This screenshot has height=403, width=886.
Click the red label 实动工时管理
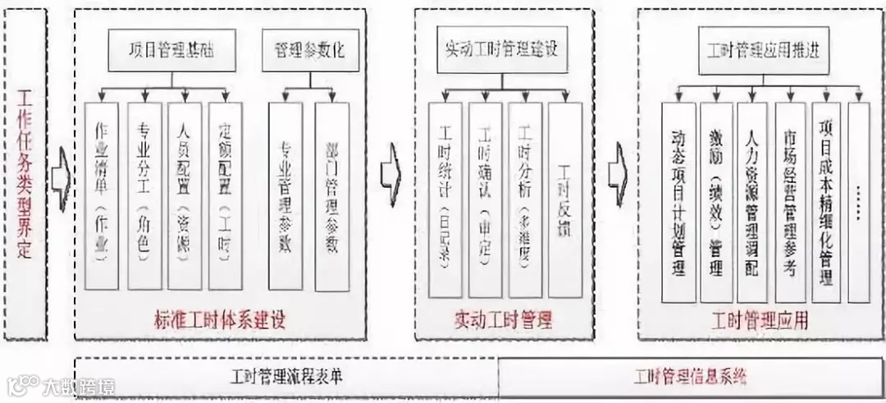point(503,318)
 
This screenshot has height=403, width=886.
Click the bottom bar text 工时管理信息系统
point(690,377)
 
